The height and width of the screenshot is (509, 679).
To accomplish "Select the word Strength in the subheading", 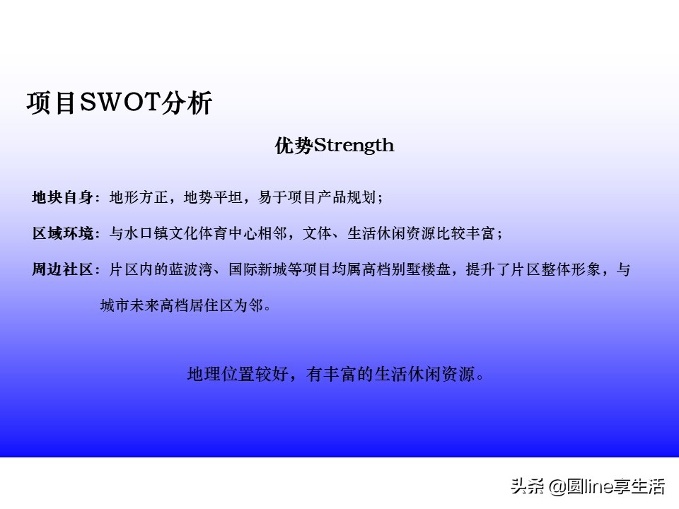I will (x=353, y=146).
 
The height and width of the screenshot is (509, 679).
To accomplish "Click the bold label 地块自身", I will (x=62, y=198).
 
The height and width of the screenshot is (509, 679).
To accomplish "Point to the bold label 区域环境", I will (x=62, y=233).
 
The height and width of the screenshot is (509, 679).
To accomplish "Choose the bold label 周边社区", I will (x=62, y=269).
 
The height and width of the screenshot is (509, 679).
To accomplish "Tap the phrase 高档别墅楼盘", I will (x=405, y=269).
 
